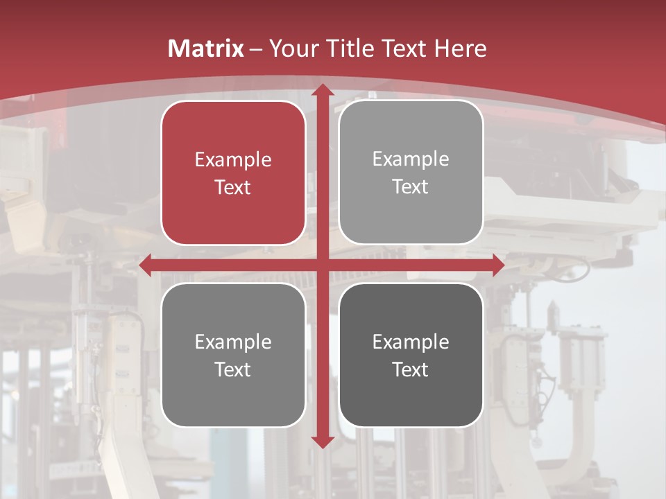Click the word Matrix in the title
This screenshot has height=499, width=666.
pyautogui.click(x=206, y=49)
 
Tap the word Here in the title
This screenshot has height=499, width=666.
pyautogui.click(x=460, y=49)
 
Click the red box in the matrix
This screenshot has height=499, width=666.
pyautogui.click(x=233, y=173)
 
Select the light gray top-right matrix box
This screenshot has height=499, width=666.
pyautogui.click(x=411, y=173)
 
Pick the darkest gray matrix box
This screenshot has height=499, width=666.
pyautogui.click(x=411, y=355)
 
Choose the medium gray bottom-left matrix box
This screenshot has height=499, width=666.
pyautogui.click(x=233, y=355)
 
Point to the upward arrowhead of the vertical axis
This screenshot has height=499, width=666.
pyautogui.click(x=322, y=91)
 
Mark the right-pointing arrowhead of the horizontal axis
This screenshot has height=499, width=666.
pyautogui.click(x=497, y=265)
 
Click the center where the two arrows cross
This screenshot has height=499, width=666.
pyautogui.click(x=322, y=265)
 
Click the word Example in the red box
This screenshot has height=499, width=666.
pyautogui.click(x=233, y=160)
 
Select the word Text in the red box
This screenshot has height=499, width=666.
pyautogui.click(x=233, y=187)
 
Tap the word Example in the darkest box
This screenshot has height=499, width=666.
pyautogui.click(x=411, y=342)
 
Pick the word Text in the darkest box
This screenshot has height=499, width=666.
pyautogui.click(x=411, y=369)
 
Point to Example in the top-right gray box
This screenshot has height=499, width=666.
pyautogui.click(x=411, y=159)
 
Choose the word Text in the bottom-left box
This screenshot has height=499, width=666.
pyautogui.click(x=233, y=369)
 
